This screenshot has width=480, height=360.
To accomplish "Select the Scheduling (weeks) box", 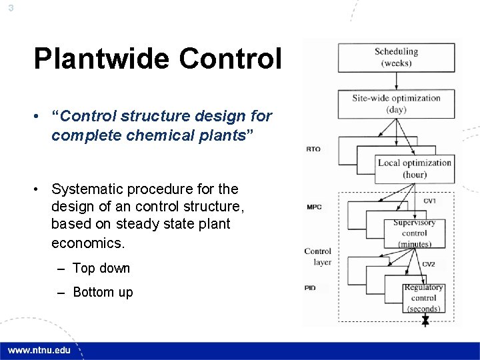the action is pos(396,57).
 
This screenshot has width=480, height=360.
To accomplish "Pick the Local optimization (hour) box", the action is pos(414,169).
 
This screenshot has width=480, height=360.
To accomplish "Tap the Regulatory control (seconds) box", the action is pos(423,298).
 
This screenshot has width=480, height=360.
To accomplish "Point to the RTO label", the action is pos(313,149).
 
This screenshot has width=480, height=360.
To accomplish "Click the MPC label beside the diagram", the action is pos(314,207).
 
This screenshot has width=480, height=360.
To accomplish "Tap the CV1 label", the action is pos(430,201).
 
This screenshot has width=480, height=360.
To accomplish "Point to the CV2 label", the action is pos(428,265).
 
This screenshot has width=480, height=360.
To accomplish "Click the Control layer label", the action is pos(317,257).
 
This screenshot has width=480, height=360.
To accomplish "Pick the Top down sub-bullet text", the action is pos(101,268).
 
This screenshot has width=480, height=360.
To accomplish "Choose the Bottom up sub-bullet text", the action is pos(103,292).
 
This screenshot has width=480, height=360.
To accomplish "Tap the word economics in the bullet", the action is pos(88,243).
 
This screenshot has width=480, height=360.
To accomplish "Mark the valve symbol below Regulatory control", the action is pos(425,321).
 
